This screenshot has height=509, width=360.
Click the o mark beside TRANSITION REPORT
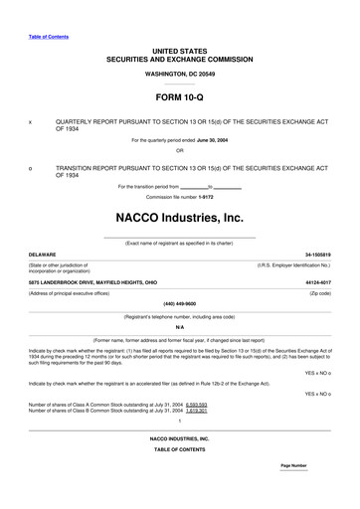32,169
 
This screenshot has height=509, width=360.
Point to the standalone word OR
180,152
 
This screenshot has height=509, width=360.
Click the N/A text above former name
180,326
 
